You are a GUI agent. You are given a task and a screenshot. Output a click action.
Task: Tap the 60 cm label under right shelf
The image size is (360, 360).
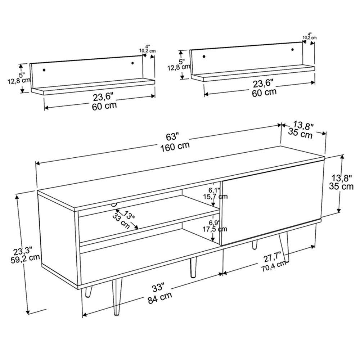pyautogui.click(x=264, y=92)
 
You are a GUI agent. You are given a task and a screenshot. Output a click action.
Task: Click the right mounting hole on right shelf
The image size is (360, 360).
pyautogui.click(x=292, y=49)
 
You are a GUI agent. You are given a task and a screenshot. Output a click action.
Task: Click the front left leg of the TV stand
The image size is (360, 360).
pyautogui.click(x=117, y=297)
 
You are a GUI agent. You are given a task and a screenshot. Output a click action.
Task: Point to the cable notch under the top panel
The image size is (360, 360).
pyautogui.click(x=114, y=204)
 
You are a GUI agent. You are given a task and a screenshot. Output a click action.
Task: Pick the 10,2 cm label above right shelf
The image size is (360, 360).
pyautogui.click(x=310, y=37)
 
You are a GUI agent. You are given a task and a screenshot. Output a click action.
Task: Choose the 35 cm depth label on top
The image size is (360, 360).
pyautogui.click(x=301, y=135)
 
